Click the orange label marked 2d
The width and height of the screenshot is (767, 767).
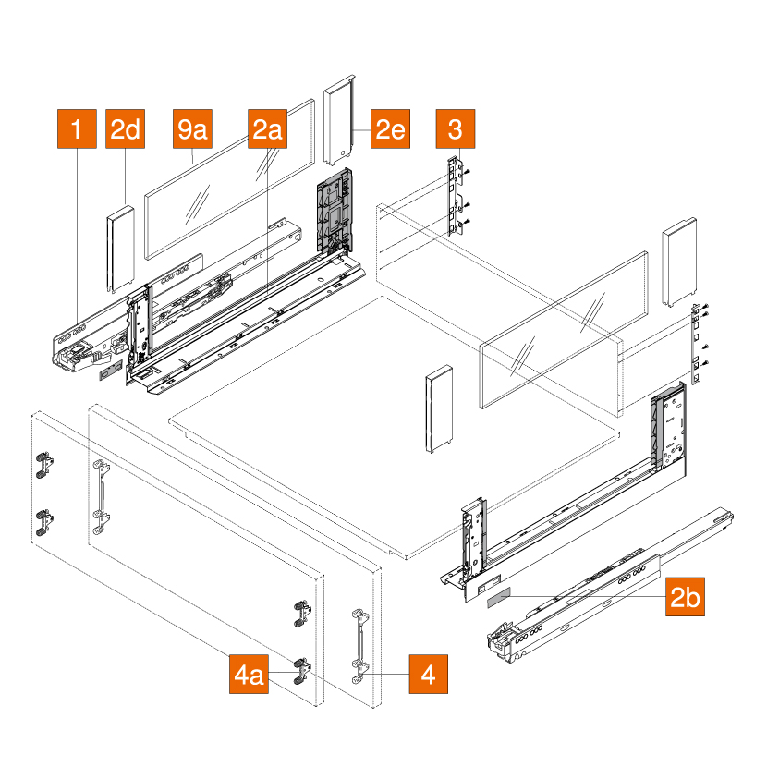pos(126,128)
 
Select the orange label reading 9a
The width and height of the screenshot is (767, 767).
pos(192,128)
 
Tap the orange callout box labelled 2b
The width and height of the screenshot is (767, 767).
pos(685,596)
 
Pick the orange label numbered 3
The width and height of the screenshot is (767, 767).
pos(456,128)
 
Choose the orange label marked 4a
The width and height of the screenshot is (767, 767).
pos(249,674)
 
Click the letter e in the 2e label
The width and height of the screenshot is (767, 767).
pos(398,130)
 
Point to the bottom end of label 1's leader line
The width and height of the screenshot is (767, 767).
pos(78,323)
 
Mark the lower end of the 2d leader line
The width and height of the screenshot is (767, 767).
pos(126,205)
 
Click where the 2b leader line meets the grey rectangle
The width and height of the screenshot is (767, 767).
pos(510,596)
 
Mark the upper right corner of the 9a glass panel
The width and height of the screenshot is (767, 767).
pos(313,100)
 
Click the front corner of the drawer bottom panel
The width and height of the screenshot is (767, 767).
pos(407,559)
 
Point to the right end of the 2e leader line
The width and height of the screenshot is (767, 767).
pos(371,129)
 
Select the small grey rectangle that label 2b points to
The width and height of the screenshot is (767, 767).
pos(498,597)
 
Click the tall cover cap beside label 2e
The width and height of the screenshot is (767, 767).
pos(339,120)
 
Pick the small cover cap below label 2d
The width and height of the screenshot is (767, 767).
pos(121,249)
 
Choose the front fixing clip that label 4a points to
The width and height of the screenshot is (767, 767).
pos(301,671)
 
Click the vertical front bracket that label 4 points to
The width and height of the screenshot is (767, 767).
pos(360,646)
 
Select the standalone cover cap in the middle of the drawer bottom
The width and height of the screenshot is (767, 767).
pos(439,409)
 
